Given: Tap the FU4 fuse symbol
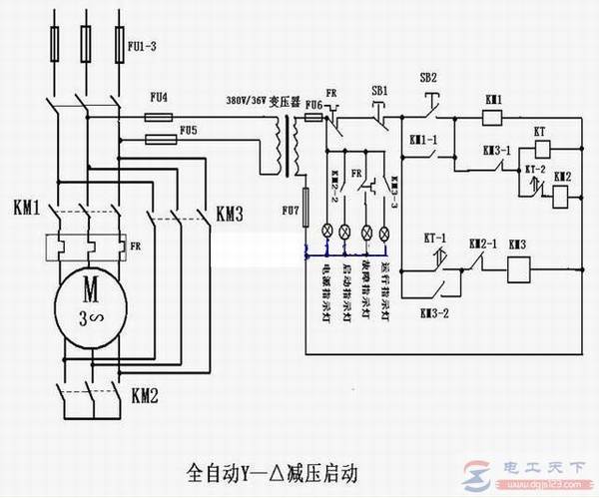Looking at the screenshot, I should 158,117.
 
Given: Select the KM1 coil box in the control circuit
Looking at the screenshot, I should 492,118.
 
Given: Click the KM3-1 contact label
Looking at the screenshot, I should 496,150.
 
